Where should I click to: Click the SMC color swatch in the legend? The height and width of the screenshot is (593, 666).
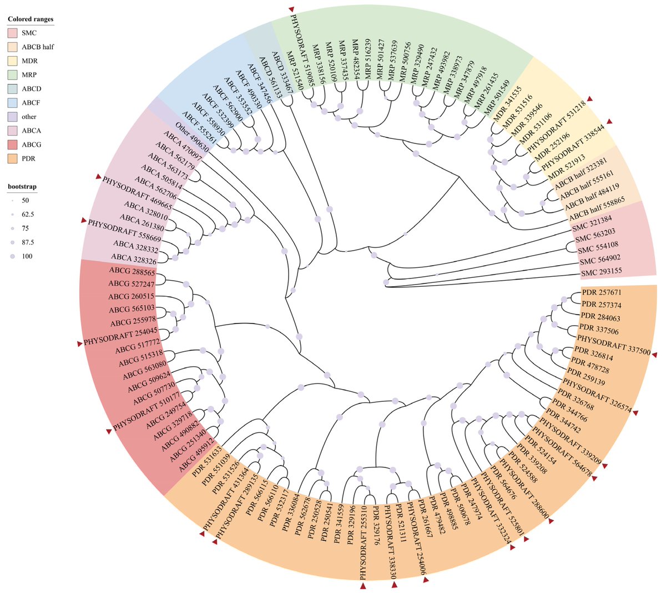pos(12,33)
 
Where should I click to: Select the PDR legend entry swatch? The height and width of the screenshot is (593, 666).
pos(12,159)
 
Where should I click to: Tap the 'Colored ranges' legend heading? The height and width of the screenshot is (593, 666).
pos(31,19)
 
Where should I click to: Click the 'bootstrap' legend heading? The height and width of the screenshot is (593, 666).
pos(22,187)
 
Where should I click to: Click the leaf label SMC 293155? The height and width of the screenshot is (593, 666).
pos(601,272)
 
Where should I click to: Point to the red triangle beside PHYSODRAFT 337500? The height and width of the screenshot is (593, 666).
pos(655,355)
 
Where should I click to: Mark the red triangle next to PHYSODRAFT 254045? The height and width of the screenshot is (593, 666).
pos(80,345)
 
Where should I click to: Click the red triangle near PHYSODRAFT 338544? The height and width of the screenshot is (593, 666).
pos(609,121)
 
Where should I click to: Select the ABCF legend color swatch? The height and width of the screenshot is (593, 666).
pos(12,103)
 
